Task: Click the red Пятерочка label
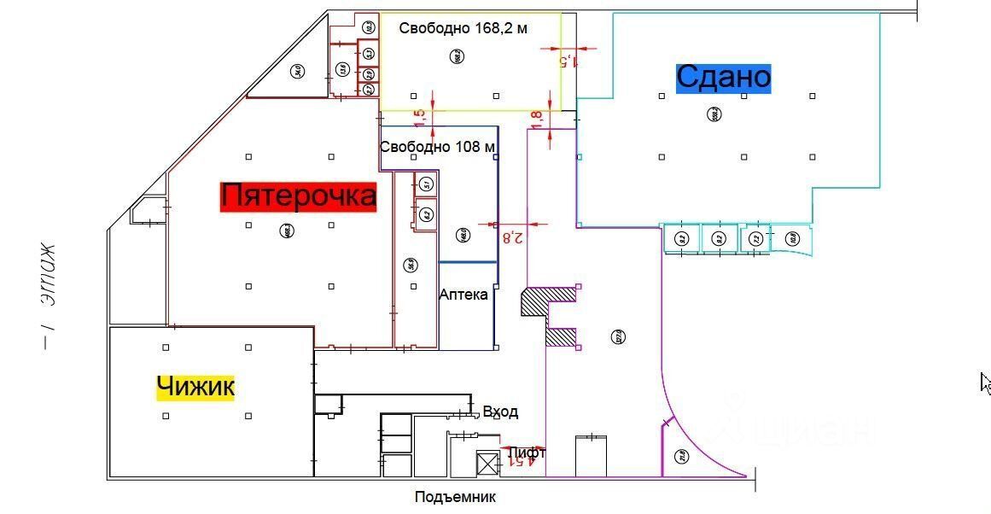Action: tap(298, 196)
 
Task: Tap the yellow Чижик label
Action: tap(195, 387)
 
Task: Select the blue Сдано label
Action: tap(723, 78)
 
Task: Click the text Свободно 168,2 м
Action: tap(463, 28)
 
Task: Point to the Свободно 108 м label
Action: tap(437, 147)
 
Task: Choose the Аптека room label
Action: tap(463, 295)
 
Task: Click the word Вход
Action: tap(500, 412)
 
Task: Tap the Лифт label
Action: tap(526, 453)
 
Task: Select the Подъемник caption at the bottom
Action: tap(455, 497)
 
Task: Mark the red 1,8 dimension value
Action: tap(536, 120)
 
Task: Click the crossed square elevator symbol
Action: tap(487, 464)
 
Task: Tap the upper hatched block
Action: tap(547, 301)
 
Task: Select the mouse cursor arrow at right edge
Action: tap(985, 383)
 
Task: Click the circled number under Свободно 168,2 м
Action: tap(458, 57)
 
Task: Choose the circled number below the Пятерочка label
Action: tap(288, 230)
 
